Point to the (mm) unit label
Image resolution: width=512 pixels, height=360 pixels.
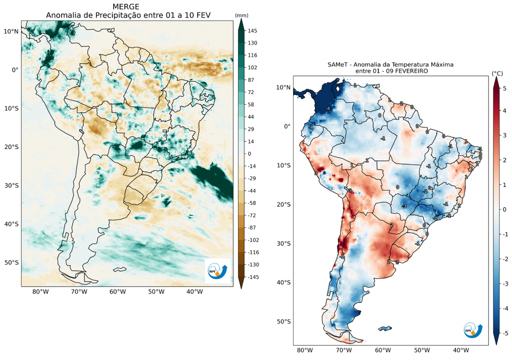click(242, 15)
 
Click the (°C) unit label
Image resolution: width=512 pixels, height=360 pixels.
click(497, 73)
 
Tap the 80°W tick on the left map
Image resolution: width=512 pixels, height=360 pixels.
click(41, 292)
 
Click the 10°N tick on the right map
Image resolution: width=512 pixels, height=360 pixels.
click(283, 87)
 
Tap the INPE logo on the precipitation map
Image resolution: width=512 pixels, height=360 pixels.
click(218, 271)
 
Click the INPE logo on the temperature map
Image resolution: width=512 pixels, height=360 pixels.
click(473, 330)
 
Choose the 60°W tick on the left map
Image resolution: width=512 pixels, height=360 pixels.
click(117, 292)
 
